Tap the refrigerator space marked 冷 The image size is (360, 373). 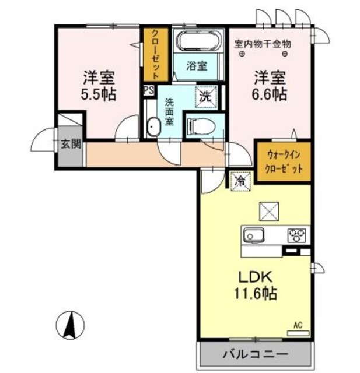pyautogui.click(x=239, y=181)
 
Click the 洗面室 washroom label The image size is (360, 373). pyautogui.click(x=169, y=112)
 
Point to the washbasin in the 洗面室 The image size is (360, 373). pyautogui.click(x=153, y=126)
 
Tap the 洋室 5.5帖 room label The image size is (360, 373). pyautogui.click(x=98, y=86)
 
